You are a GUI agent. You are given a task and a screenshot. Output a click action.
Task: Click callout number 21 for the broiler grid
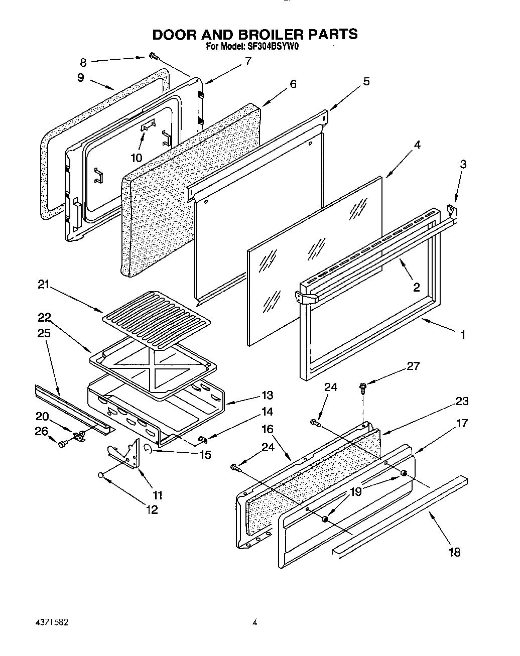(44, 285)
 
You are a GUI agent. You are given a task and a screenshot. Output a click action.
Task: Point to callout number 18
(454, 552)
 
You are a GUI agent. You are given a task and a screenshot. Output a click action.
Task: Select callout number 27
(413, 366)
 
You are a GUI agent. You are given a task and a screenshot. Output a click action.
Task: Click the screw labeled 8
(153, 57)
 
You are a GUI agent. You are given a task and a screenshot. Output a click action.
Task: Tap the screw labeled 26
(62, 443)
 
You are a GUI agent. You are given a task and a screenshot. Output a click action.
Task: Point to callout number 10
(136, 158)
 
